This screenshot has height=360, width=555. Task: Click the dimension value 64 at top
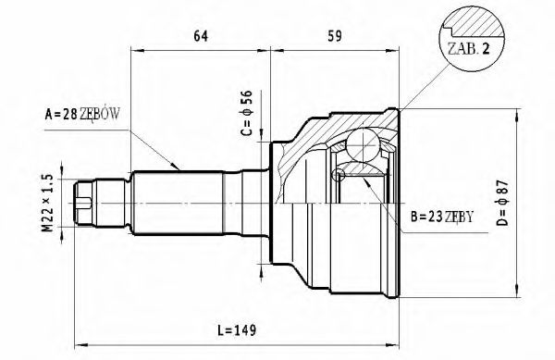click(x=200, y=37)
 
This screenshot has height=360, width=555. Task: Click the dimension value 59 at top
click(x=336, y=37)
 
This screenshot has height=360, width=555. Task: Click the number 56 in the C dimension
click(x=247, y=98)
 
